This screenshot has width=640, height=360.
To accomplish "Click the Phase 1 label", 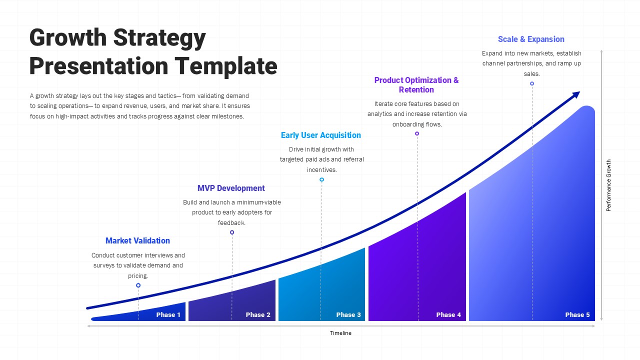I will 168,314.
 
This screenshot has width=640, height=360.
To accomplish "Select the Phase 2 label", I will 258,314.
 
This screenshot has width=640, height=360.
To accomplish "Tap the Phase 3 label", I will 348,314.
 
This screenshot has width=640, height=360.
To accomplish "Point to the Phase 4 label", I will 448,314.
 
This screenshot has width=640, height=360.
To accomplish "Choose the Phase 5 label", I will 577,314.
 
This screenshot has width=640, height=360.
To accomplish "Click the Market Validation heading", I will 137,240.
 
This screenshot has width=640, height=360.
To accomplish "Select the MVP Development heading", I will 231,188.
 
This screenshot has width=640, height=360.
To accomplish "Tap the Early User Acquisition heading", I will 320,135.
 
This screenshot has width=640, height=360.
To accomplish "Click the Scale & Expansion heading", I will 531,39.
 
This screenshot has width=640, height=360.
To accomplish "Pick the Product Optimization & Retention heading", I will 416,85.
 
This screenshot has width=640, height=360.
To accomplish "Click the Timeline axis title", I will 340,333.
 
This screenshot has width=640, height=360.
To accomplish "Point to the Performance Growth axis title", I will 608,185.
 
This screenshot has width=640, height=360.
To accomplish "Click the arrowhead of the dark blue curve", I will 575,94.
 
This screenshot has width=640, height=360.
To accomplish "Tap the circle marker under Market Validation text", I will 138,285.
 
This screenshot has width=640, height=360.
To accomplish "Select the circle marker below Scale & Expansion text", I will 532,83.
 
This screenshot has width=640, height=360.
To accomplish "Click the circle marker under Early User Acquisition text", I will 321,179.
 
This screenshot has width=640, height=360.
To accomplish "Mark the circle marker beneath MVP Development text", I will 232,232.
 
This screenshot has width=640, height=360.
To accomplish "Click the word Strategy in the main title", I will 160,38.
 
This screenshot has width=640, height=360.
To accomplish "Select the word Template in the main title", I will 225,66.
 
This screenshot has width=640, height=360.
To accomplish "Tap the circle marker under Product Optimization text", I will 417,133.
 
